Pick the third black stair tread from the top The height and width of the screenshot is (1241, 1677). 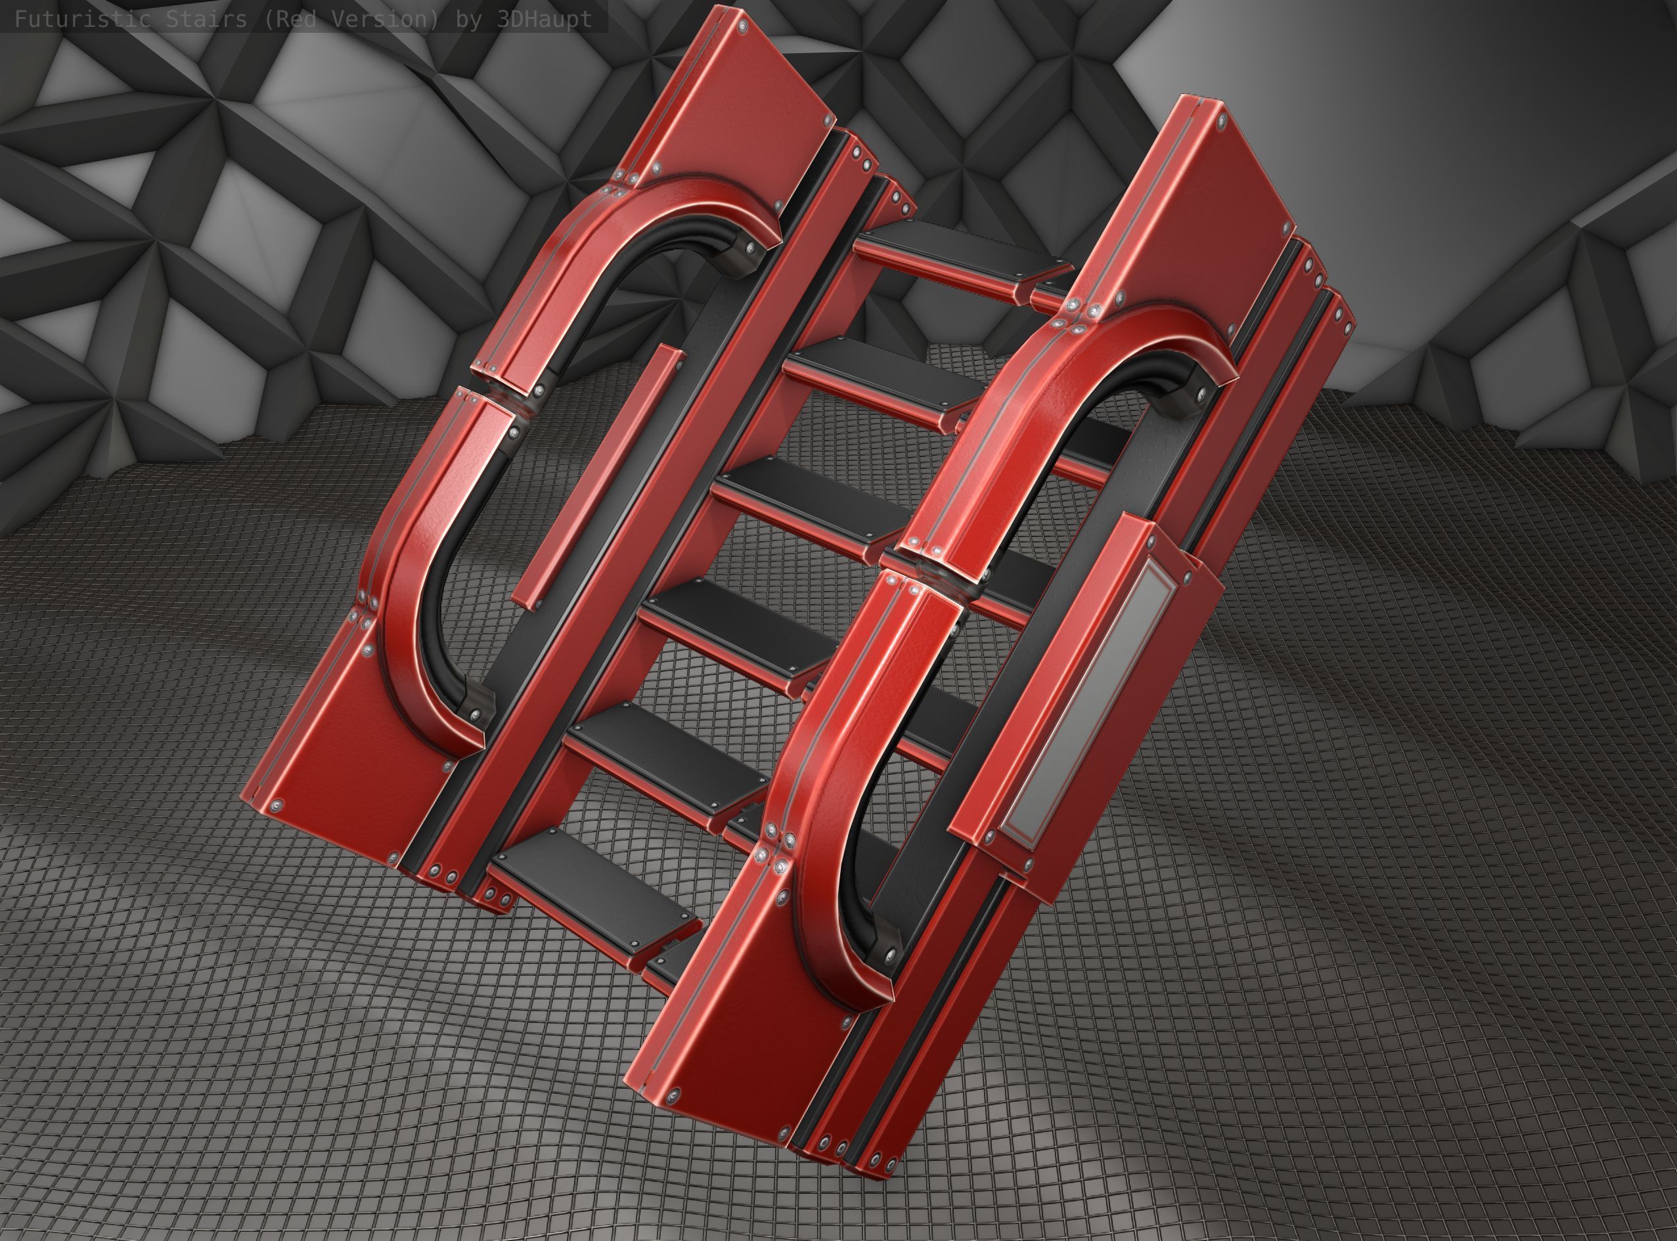coord(811,496)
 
